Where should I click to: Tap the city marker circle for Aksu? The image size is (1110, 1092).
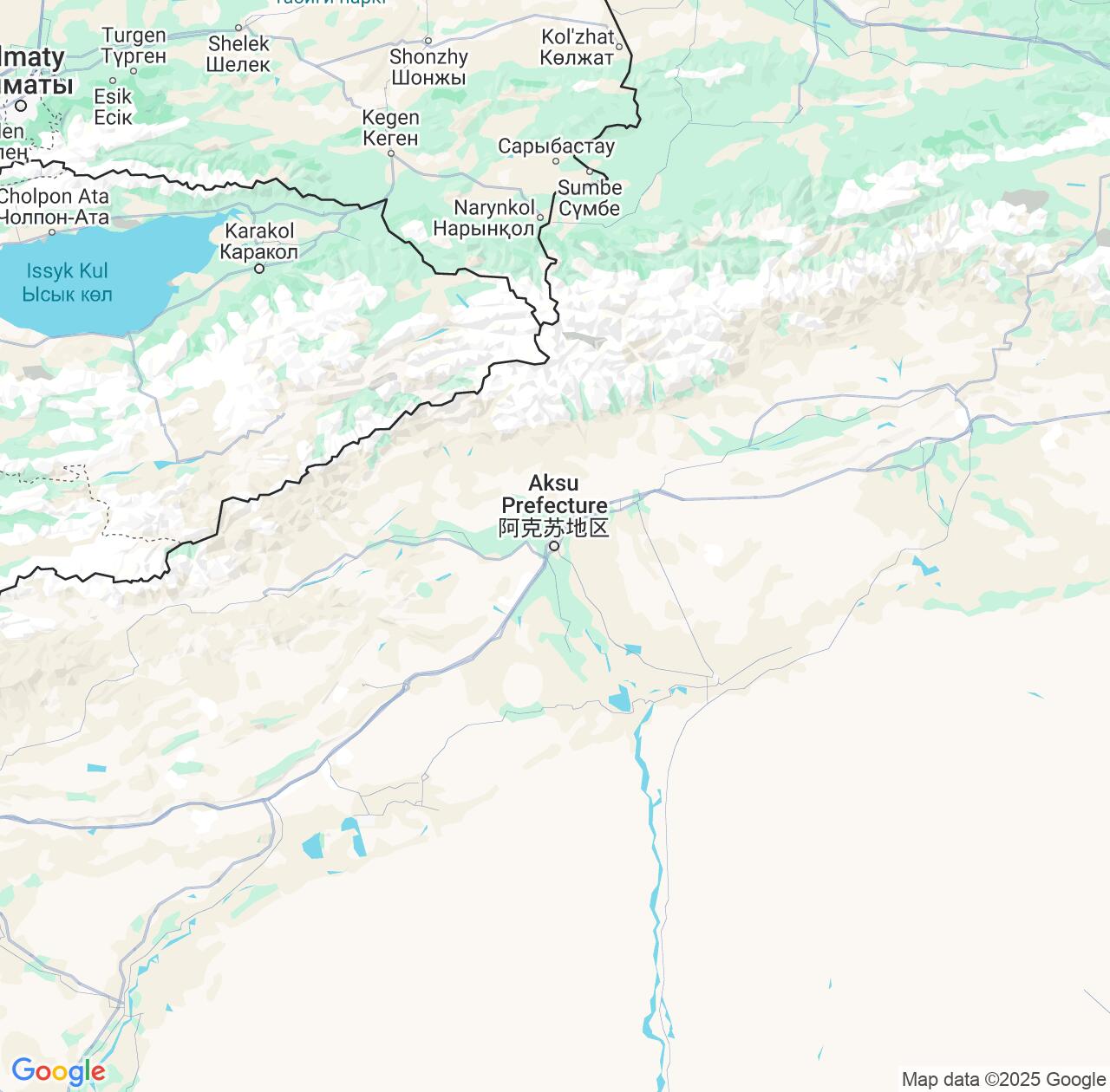point(554,546)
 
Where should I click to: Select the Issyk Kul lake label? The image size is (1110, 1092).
point(67,283)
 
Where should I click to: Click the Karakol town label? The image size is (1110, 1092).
point(259,241)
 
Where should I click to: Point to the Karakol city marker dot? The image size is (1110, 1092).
point(259,269)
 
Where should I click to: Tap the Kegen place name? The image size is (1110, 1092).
point(390,127)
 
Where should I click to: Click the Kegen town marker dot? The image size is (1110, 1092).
point(391,153)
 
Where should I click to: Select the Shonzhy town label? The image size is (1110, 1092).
point(428,67)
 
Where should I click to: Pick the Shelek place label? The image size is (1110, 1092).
point(238,53)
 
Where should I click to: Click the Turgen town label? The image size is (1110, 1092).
point(134,45)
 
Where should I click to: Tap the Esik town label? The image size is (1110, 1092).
point(113,107)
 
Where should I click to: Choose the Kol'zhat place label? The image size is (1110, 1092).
point(577,47)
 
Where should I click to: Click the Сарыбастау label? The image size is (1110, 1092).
point(556,146)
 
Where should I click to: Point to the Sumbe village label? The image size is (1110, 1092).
point(590,198)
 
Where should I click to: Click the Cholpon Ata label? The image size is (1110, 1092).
point(54,206)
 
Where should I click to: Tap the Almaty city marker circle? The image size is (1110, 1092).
point(21,106)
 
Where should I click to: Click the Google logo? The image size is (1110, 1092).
point(57,1071)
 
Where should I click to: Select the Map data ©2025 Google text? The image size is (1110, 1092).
point(1003,1079)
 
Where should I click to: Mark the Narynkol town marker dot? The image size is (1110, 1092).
point(539,218)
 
